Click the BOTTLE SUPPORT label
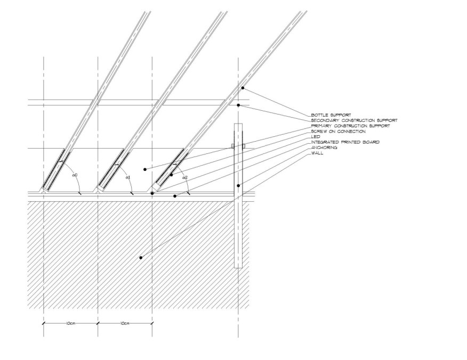(331, 115)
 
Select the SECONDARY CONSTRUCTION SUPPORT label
(354, 120)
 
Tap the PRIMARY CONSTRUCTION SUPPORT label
(350, 126)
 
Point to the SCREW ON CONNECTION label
(338, 131)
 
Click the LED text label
(316, 137)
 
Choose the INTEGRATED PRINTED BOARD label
(345, 142)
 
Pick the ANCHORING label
(324, 148)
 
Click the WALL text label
(317, 153)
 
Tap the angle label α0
(75, 175)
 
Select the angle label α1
(128, 177)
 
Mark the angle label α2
(185, 177)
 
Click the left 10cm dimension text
(70, 323)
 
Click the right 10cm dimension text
(125, 323)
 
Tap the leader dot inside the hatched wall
(141, 258)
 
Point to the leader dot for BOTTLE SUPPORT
(243, 88)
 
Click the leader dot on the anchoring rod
(238, 186)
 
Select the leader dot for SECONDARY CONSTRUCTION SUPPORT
(238, 105)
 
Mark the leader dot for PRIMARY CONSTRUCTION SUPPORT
(145, 169)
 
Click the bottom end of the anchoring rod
(238, 268)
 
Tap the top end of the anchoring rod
(238, 124)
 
